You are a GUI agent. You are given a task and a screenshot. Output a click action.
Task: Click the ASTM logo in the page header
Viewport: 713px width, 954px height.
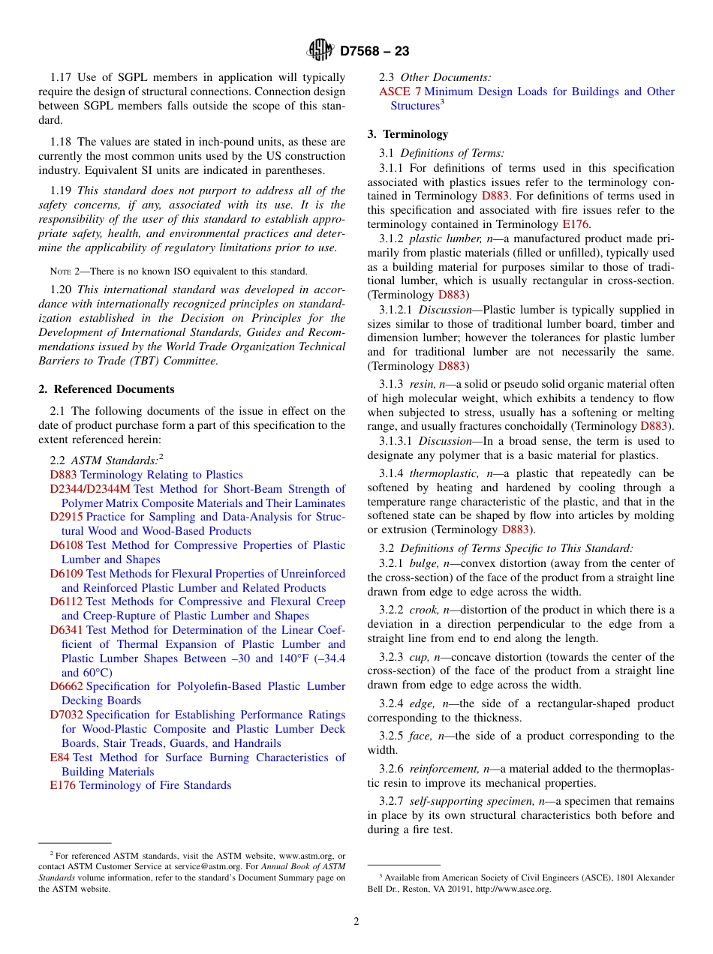coord(320,51)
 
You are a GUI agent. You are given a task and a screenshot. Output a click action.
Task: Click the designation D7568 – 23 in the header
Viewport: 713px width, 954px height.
coord(375,52)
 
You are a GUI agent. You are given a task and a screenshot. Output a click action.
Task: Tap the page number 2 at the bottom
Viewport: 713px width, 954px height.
coord(356,922)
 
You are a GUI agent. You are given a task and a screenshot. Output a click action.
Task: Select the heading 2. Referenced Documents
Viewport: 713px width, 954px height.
coord(107,389)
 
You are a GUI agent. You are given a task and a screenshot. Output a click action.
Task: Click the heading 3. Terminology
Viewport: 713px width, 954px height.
coord(408,134)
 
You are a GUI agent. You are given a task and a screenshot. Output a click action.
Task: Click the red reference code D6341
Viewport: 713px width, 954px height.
coord(67,630)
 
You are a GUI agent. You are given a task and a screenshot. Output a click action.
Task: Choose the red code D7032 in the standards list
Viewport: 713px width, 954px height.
coord(67,715)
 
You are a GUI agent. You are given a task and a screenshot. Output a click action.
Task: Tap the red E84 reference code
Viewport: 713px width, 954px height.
coord(60,757)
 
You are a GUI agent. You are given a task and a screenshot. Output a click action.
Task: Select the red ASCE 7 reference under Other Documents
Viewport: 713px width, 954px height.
coord(400,91)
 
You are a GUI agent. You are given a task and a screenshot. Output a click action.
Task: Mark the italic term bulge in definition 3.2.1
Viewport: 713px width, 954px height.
coord(424,563)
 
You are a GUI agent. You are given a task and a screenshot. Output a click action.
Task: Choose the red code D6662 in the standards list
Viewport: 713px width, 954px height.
coord(67,686)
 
